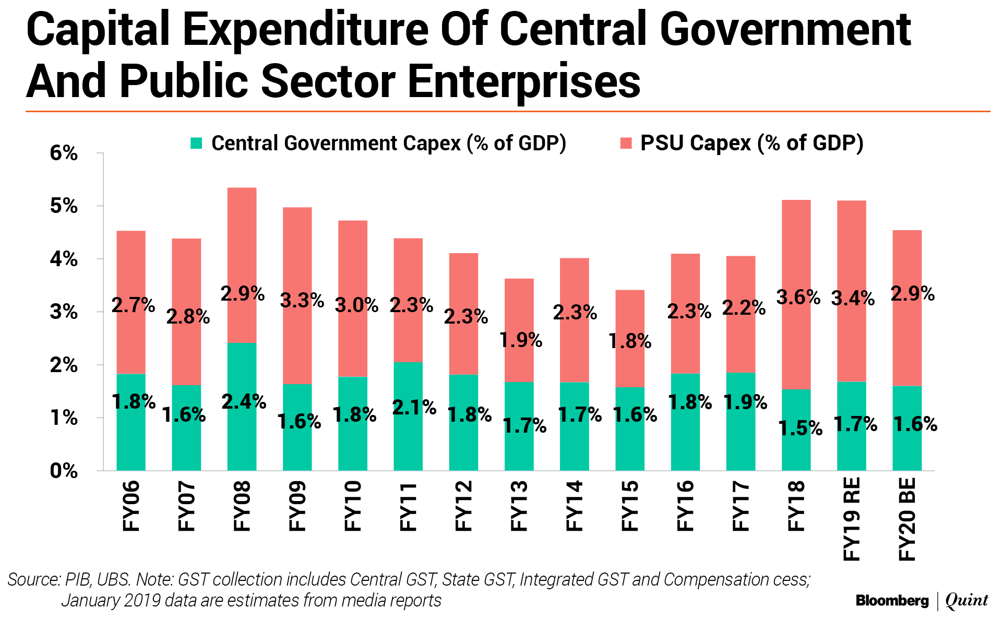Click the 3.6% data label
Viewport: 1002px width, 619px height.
[x=798, y=297]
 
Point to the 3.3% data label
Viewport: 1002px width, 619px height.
[x=302, y=301]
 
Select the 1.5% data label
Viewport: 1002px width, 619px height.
[x=800, y=428]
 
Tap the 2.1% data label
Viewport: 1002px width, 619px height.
[x=414, y=408]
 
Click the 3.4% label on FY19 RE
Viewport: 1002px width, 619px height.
[x=853, y=299]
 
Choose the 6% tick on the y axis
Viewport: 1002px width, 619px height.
[x=64, y=153]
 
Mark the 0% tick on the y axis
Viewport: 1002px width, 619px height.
[x=64, y=471]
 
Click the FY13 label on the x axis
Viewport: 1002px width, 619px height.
[x=519, y=506]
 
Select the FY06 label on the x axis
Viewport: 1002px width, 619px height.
[x=131, y=506]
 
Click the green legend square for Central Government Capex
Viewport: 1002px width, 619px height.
[x=196, y=143]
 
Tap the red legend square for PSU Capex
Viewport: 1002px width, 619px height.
[x=626, y=143]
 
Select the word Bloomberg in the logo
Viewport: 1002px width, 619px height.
[x=892, y=601]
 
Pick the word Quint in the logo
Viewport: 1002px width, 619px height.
[x=967, y=601]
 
